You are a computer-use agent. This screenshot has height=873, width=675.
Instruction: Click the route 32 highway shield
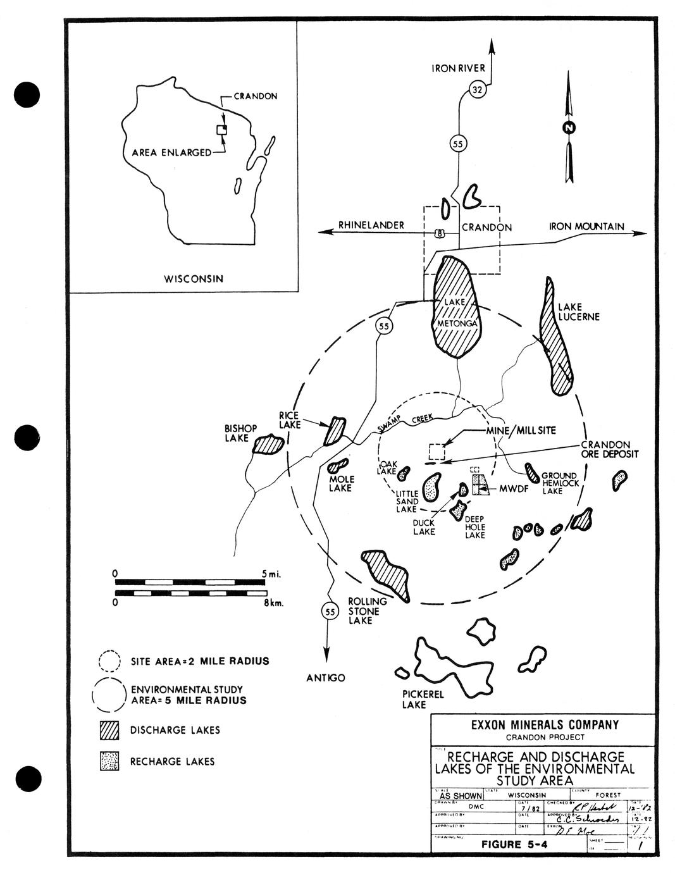tap(478, 91)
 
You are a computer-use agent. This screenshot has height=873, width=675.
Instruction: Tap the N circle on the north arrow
tap(569, 128)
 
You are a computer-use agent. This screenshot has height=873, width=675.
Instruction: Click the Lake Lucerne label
tap(578, 312)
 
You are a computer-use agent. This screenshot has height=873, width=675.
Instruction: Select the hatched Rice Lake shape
tap(333, 431)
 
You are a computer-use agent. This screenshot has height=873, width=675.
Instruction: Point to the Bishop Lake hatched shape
tap(268, 445)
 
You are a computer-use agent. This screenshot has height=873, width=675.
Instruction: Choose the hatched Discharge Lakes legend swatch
tap(109, 730)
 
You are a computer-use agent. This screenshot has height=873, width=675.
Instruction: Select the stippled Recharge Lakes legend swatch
tap(109, 761)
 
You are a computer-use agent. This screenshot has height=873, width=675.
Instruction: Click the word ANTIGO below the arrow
tap(326, 678)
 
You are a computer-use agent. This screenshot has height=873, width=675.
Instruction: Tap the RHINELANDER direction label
tap(371, 225)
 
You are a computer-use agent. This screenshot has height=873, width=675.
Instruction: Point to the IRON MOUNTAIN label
tap(586, 226)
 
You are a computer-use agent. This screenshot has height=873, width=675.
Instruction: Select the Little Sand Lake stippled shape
tap(432, 487)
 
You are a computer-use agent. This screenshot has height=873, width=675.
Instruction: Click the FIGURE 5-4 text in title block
tap(514, 844)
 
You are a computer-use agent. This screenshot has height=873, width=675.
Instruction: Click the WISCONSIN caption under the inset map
tap(194, 278)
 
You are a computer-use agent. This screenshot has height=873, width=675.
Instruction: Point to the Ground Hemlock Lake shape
tap(531, 471)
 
